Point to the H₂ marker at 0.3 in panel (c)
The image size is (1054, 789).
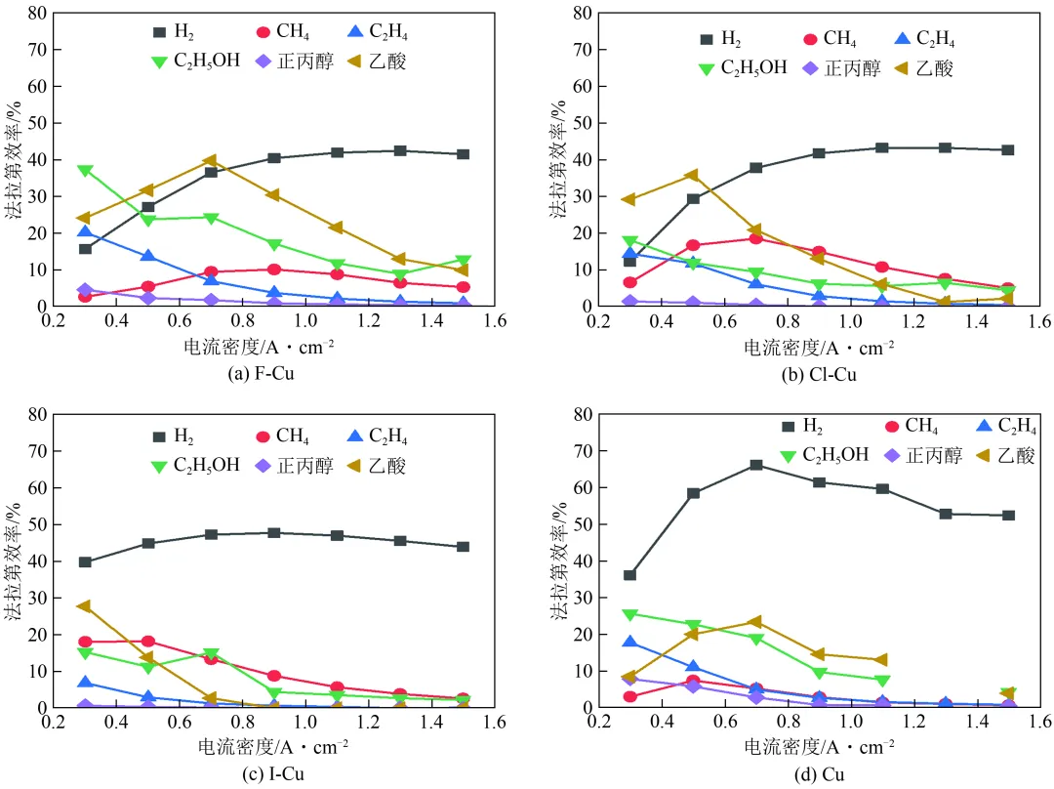pos(85,561)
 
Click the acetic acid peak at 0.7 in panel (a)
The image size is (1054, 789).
pos(210,160)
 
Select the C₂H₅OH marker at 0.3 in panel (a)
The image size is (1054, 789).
pos(85,170)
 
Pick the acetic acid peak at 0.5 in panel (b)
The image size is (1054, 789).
pos(692,175)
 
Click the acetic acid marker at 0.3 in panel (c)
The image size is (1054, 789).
pos(85,605)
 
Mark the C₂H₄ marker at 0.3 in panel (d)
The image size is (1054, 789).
pos(629,642)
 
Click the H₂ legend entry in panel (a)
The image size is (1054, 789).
pos(172,31)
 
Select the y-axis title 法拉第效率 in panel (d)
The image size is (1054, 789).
pos(559,561)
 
